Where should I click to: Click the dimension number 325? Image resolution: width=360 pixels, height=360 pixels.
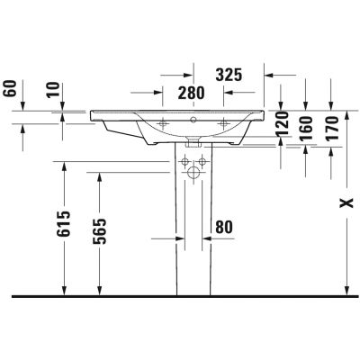230,76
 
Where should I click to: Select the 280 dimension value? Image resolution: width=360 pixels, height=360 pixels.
191,93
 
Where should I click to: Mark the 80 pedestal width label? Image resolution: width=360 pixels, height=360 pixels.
225,228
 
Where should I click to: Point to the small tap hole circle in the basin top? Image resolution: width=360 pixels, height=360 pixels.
194,117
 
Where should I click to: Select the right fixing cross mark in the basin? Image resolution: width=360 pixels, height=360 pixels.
223,122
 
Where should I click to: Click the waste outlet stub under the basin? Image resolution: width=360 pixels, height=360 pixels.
194,141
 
